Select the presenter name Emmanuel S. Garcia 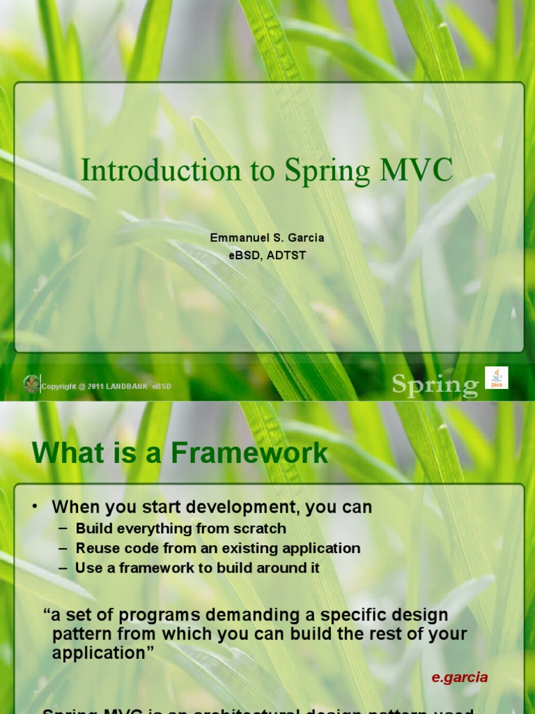(x=267, y=238)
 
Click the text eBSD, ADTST (x=267, y=255)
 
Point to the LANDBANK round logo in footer (x=31, y=384)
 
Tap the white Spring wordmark (x=435, y=384)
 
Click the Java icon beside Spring (x=497, y=377)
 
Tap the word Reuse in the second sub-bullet (x=97, y=548)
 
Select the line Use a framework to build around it (x=197, y=568)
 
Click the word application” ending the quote (x=102, y=653)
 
